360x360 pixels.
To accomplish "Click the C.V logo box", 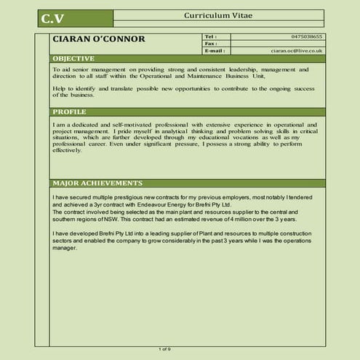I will (52, 17).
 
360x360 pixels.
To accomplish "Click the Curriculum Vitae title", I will (219, 15).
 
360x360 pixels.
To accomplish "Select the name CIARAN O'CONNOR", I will (99, 39).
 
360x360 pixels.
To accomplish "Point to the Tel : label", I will (210, 36).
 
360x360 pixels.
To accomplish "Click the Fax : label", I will (211, 44).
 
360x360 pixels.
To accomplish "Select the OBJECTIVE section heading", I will (73, 58).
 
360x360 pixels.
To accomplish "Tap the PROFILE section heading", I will (70, 112).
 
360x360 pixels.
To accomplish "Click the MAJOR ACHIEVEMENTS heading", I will (97, 183).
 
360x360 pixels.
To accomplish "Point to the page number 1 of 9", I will (165, 350).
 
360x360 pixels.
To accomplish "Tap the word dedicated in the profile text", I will (80, 124).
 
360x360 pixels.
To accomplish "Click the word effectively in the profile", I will (68, 150).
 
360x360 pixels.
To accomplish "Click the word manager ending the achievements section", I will (65, 248).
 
